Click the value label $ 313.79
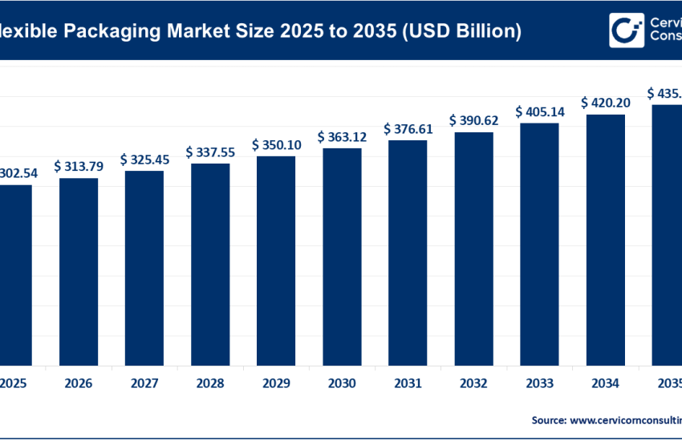tap(79, 166)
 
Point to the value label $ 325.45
tap(144, 160)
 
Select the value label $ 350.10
tap(276, 144)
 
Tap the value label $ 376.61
tap(408, 128)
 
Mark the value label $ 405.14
tap(540, 111)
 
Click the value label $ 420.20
tap(606, 102)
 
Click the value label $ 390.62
tap(473, 119)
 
